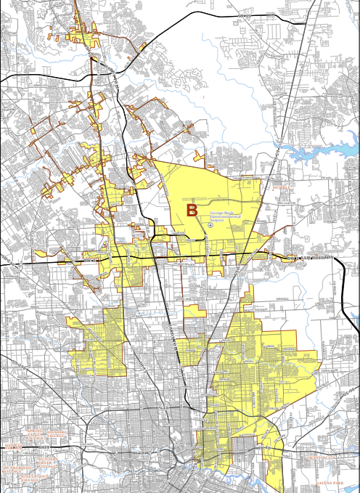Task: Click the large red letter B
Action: tap(192, 211)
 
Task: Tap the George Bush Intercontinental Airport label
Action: tap(223, 215)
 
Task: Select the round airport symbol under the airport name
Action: tap(210, 225)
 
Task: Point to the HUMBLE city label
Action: tap(281, 187)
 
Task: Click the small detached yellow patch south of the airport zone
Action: tap(195, 311)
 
